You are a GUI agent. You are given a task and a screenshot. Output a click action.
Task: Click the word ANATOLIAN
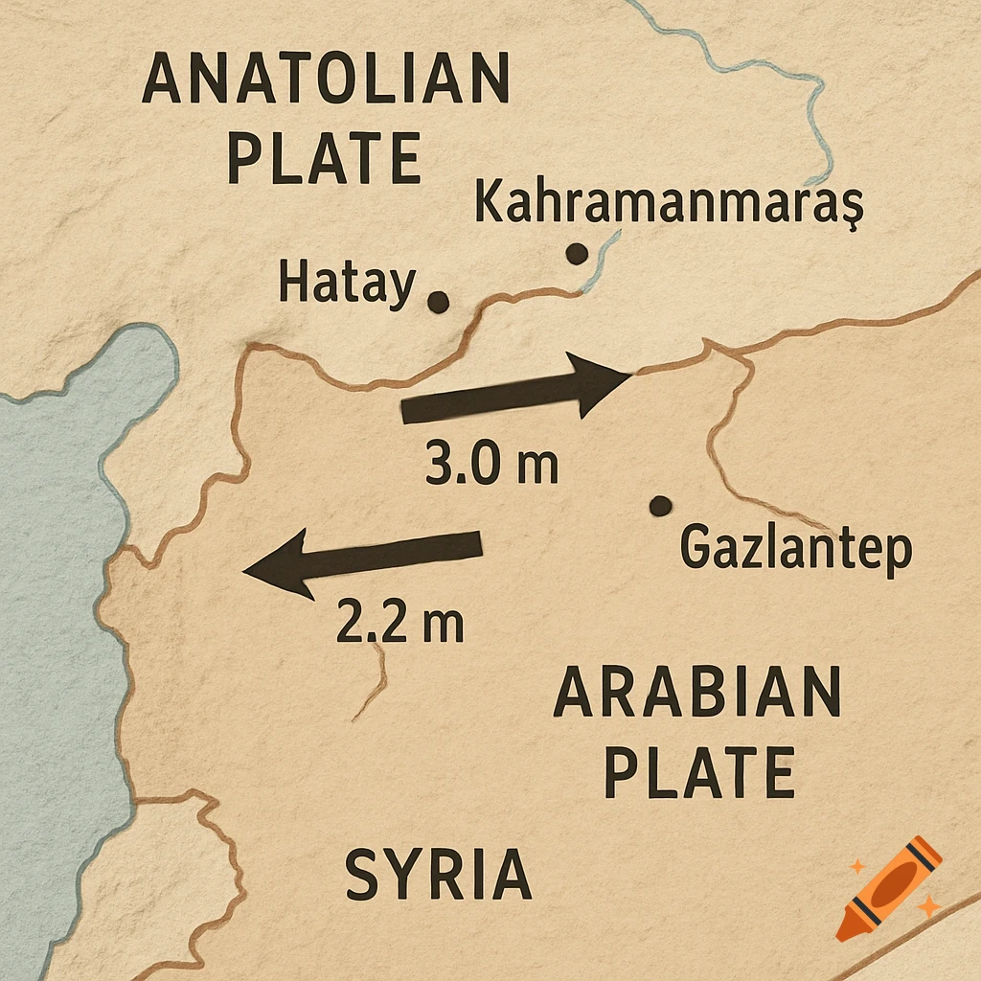[326, 79]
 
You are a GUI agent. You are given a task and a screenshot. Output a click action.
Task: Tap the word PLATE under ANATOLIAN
[325, 158]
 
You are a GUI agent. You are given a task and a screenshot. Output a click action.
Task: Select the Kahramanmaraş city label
[669, 203]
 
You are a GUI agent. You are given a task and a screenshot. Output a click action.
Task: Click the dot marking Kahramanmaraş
[576, 254]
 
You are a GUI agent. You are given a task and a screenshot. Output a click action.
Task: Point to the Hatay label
[347, 284]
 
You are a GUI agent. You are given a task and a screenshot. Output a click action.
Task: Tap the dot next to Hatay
[438, 303]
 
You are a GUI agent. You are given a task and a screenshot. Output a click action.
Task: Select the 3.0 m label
[491, 465]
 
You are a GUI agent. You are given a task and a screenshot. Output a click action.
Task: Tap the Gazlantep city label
[795, 550]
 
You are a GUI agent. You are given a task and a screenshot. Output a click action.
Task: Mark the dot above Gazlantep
[659, 506]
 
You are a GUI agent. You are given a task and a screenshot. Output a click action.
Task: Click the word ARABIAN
[697, 694]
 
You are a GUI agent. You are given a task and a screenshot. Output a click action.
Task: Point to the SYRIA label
[438, 874]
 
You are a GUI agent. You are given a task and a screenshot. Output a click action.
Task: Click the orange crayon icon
[889, 887]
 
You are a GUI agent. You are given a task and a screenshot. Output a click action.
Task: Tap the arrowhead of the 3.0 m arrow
[599, 384]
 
